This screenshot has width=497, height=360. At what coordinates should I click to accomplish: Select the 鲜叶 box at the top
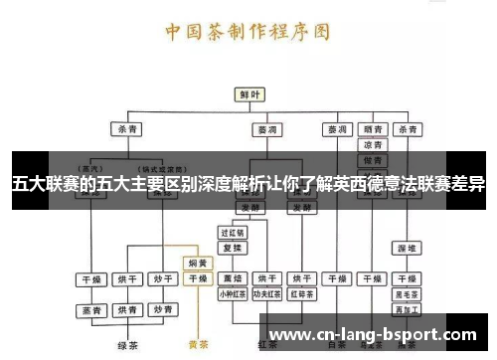tap(249, 94)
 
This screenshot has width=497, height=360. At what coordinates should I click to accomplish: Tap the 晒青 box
tap(374, 128)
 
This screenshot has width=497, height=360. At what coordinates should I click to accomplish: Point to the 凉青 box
tap(374, 144)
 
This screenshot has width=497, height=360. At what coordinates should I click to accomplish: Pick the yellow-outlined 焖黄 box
tap(198, 264)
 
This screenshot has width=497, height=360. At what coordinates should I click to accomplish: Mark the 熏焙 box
tap(233, 279)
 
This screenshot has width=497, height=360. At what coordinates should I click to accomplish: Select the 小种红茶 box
tap(233, 294)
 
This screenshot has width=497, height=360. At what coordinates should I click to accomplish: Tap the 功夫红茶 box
tap(266, 294)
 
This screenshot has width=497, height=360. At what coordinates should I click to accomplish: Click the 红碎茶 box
tap(300, 294)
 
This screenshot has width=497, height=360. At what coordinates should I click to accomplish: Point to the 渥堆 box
tap(407, 247)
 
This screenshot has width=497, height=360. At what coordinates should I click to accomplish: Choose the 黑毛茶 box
tap(407, 294)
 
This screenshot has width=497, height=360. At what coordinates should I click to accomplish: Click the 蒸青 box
tap(92, 310)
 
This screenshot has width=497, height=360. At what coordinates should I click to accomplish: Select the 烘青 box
tap(126, 310)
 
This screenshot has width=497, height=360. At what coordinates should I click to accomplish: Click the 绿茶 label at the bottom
tap(126, 346)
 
